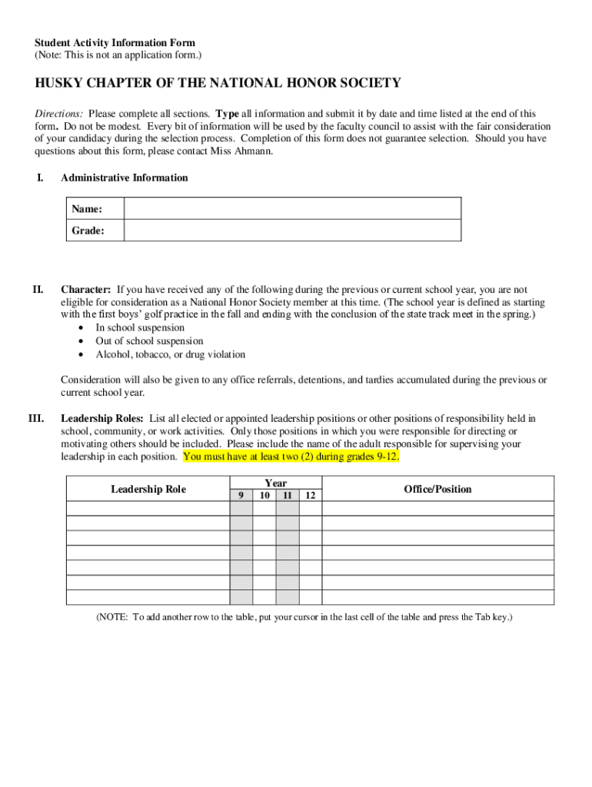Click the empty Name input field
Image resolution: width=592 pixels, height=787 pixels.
(x=292, y=209)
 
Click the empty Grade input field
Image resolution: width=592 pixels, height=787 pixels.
(x=292, y=231)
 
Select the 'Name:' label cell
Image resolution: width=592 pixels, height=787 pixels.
(x=95, y=209)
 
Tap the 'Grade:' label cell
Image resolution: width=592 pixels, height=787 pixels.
(x=95, y=231)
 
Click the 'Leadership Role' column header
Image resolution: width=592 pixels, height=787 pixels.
(x=148, y=490)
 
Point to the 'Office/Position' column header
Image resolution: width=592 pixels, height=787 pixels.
(x=437, y=490)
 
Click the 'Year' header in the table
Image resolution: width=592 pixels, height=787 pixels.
(x=275, y=483)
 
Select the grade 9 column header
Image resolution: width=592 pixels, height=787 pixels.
(x=241, y=496)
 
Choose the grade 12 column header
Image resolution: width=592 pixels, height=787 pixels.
(x=310, y=496)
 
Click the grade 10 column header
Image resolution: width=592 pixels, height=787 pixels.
(x=264, y=496)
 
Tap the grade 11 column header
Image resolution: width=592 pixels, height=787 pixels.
(x=287, y=496)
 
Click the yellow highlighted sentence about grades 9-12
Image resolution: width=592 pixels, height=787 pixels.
(x=291, y=457)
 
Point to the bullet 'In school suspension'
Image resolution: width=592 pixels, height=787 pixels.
(x=140, y=327)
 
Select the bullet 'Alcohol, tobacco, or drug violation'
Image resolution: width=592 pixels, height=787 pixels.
(x=170, y=355)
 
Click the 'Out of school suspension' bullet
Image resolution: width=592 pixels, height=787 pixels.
(x=149, y=341)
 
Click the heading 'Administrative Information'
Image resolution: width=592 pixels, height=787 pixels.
(x=124, y=178)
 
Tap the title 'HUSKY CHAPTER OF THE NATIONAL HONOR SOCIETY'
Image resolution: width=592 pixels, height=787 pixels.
(x=218, y=83)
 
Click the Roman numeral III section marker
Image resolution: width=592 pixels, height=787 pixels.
(x=35, y=419)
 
